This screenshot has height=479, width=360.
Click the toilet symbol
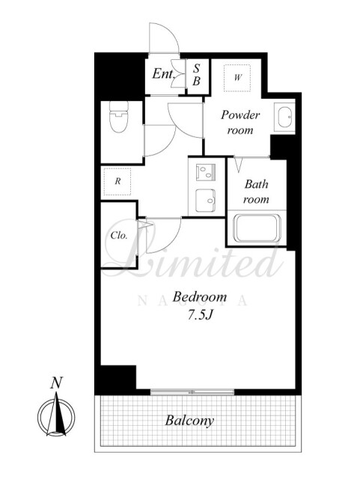pyautogui.click(x=119, y=117)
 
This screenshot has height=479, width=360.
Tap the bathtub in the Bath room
pyautogui.click(x=257, y=228)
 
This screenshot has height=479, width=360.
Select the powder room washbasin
pyautogui.click(x=284, y=117)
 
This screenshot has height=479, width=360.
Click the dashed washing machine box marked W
pyautogui.click(x=237, y=78)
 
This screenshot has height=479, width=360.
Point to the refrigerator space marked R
pyautogui.click(x=118, y=181)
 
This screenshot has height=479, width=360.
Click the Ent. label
pyautogui.click(x=163, y=73)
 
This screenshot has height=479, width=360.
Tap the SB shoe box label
pyautogui.click(x=197, y=75)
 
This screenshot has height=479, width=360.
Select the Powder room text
pyautogui.click(x=240, y=123)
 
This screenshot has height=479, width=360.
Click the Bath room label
pyautogui.click(x=256, y=192)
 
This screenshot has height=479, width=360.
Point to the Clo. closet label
pyautogui.click(x=118, y=236)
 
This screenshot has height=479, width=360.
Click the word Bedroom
pyautogui.click(x=200, y=297)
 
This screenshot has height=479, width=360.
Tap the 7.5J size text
pyautogui.click(x=200, y=315)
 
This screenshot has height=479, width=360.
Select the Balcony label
pyautogui.click(x=189, y=421)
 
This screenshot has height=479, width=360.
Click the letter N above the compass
pyautogui.click(x=57, y=382)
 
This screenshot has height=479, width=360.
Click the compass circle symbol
pyautogui.click(x=56, y=417)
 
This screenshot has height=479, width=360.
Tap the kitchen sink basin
pyautogui.click(x=205, y=201)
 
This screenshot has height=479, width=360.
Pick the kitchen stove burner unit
pyautogui.click(x=205, y=172)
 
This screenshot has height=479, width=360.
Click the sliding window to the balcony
pyautogui.click(x=192, y=391)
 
